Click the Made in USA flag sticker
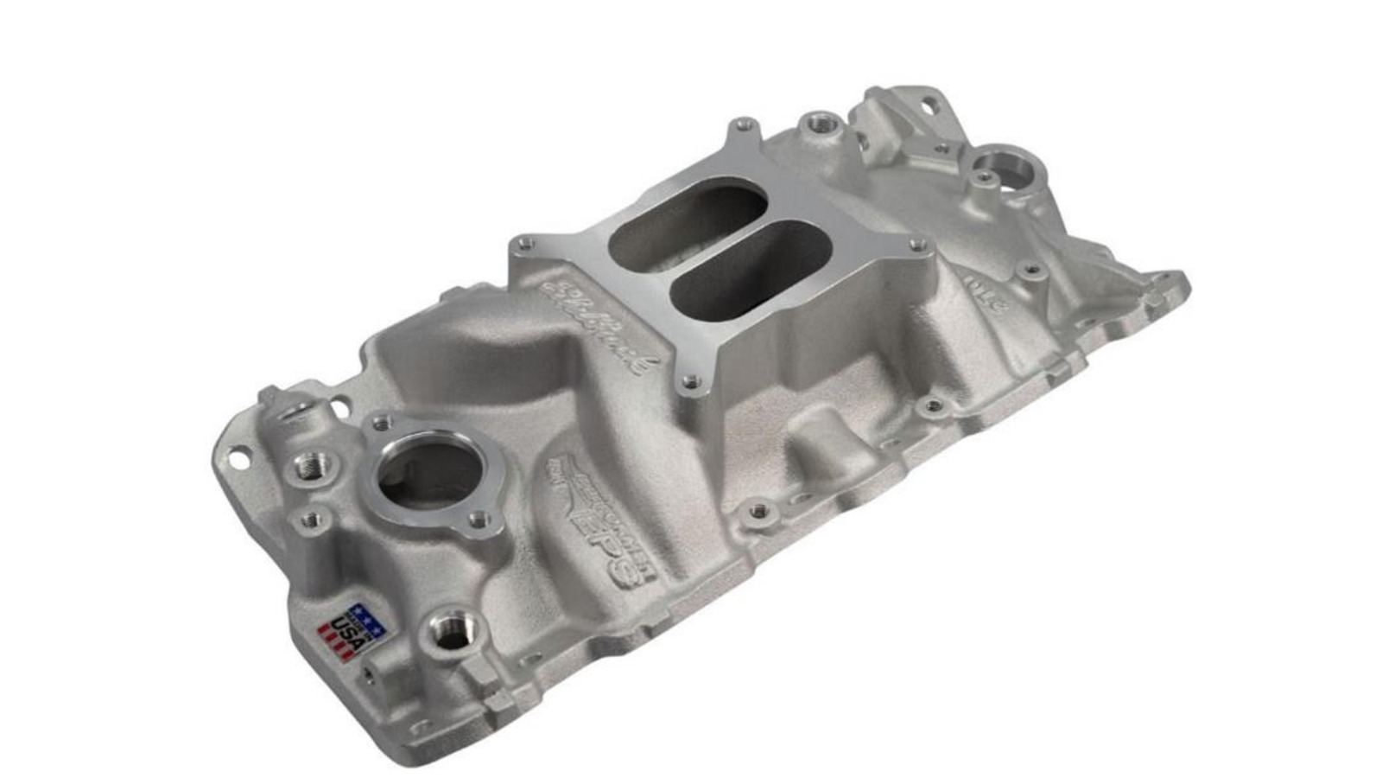352,632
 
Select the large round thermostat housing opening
428,475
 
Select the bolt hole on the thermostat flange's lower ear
478,519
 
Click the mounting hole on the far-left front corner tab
237,450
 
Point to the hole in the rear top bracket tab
929,106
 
